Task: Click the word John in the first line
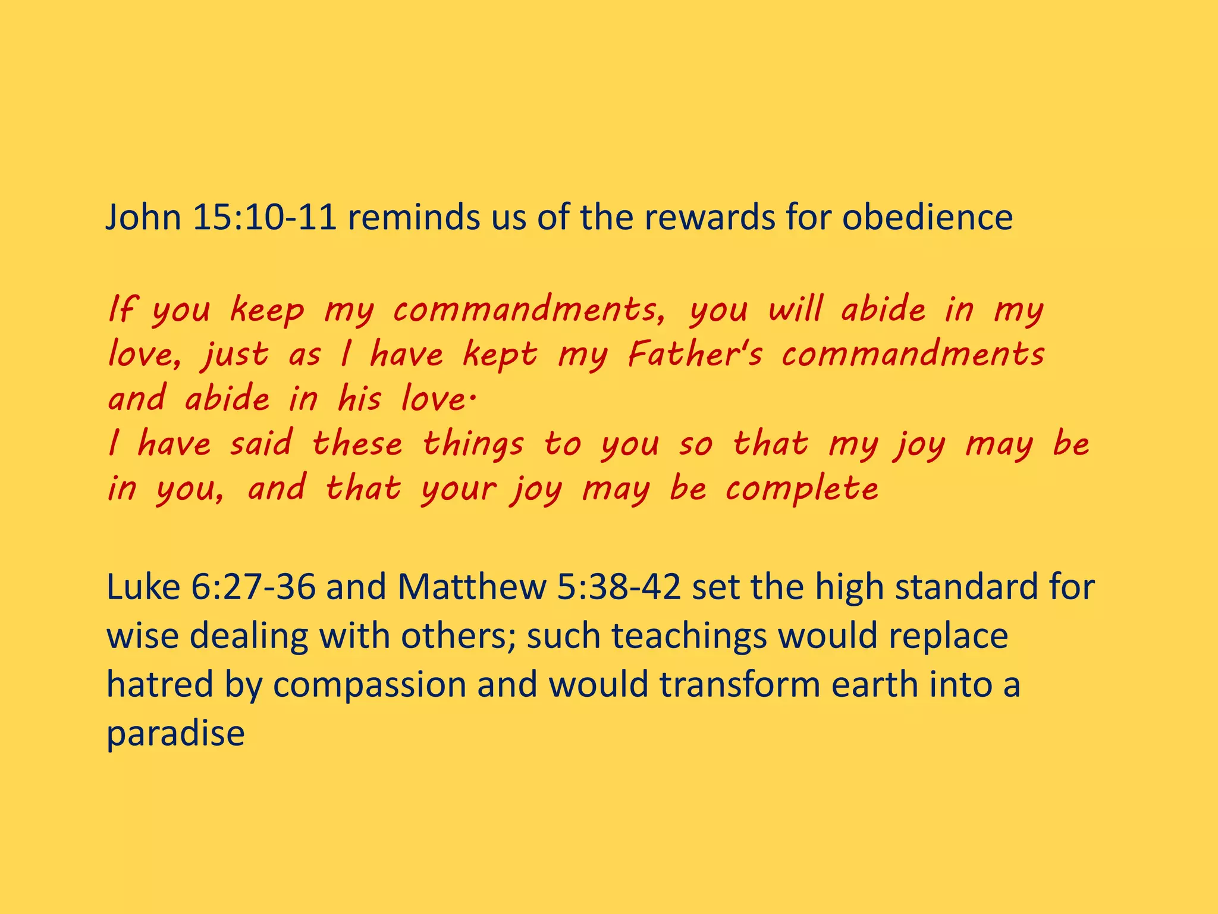pos(143,217)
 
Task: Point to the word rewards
pos(710,217)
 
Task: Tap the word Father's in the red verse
pos(695,355)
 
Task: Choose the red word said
pos(262,444)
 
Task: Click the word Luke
pos(143,587)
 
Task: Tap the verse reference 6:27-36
pos(253,587)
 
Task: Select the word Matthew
pos(471,587)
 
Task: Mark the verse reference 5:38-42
pos(619,587)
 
